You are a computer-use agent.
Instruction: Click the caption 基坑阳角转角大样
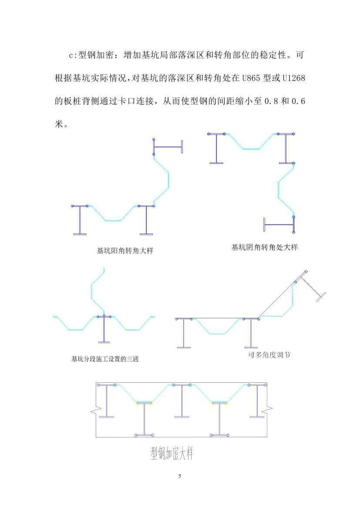click(x=126, y=251)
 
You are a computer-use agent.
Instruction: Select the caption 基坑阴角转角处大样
click(x=264, y=247)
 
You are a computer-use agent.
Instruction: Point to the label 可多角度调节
click(x=269, y=354)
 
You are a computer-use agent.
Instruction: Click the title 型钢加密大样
click(x=172, y=454)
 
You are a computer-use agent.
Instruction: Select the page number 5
click(x=180, y=476)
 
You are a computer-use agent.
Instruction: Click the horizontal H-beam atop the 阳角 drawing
click(x=168, y=147)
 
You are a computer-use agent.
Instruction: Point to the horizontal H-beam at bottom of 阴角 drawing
click(x=279, y=225)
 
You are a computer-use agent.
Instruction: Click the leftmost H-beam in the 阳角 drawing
click(x=80, y=220)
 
